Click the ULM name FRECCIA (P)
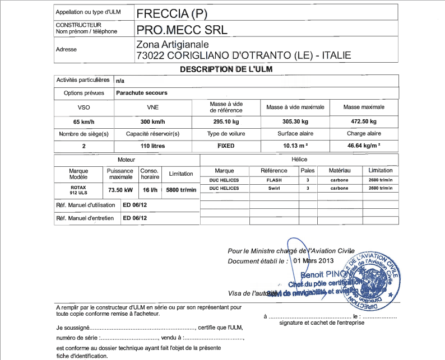pos(173,13)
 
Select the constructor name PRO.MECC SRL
pos(182,30)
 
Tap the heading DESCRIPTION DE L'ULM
pos(225,69)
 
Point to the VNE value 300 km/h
pos(152,121)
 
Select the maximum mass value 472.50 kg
pos(364,121)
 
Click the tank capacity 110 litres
pos(152,146)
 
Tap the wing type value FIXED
pos(226,146)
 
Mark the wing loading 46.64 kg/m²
pos(364,146)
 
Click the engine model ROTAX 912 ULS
pos(78,189)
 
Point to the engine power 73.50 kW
pos(120,189)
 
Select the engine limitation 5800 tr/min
pos(181,190)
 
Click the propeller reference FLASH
pos(274,180)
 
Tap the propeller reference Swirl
pos(274,189)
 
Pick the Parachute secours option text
pos(142,93)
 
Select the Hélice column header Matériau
pos(340,170)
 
